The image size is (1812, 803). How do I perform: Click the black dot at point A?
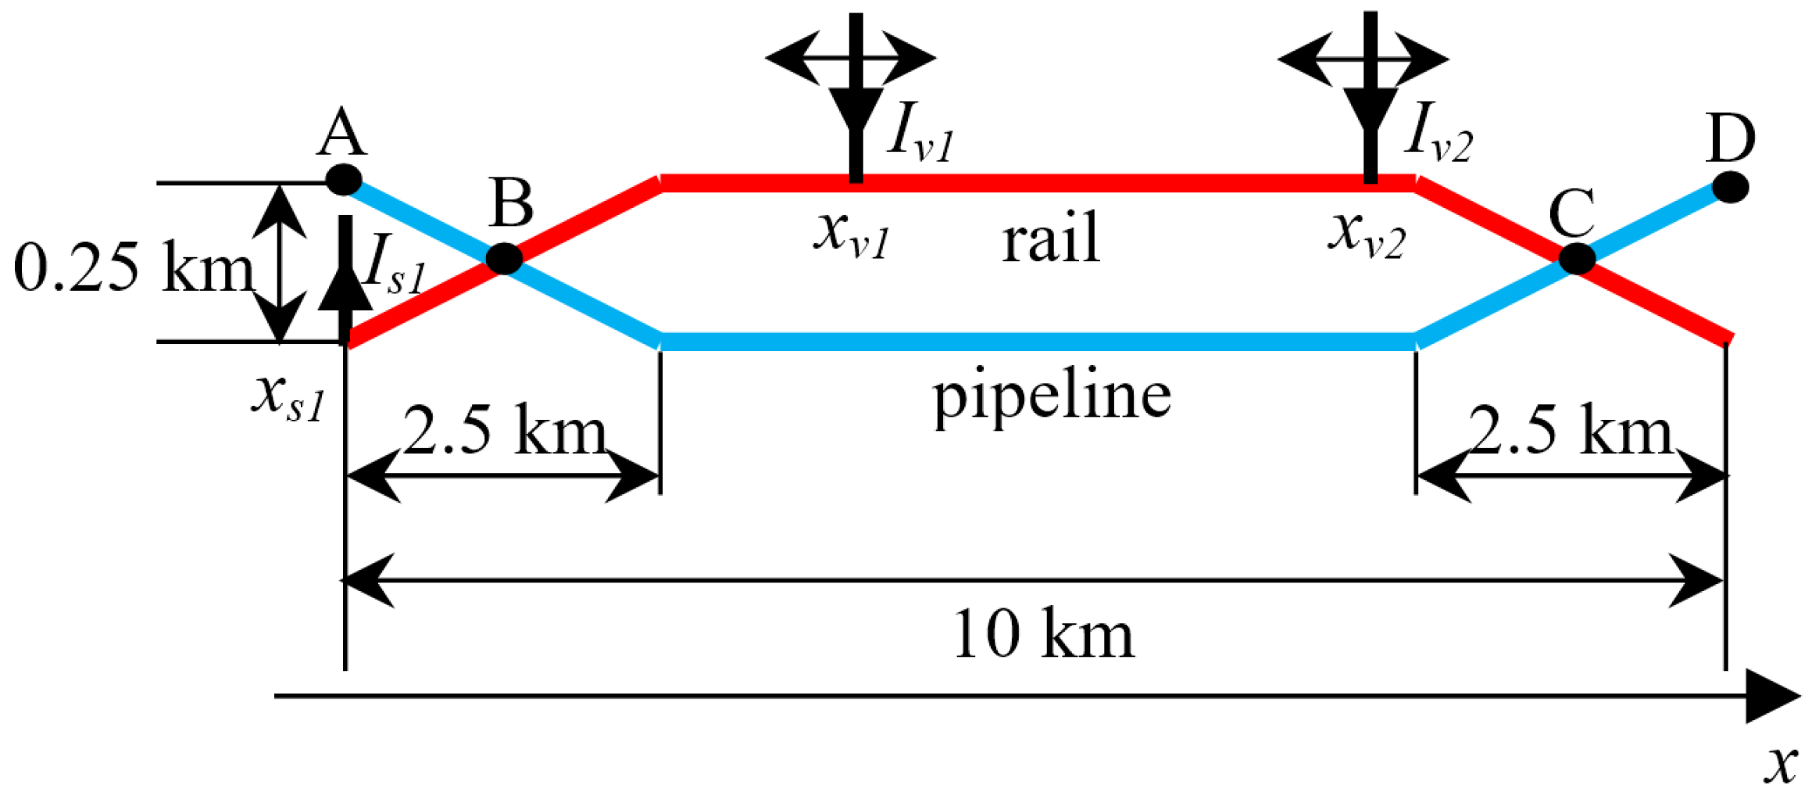click(x=343, y=180)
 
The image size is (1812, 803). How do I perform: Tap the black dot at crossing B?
click(x=505, y=259)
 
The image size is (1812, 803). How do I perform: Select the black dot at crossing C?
click(x=1577, y=259)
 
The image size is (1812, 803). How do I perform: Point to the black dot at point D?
click(x=1730, y=188)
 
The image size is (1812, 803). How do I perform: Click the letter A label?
click(x=341, y=133)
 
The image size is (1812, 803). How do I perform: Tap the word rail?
click(x=1051, y=238)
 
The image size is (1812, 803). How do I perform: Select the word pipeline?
click(x=1053, y=395)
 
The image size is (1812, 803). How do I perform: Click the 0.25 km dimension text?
click(x=133, y=268)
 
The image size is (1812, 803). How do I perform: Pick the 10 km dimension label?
click(x=1043, y=634)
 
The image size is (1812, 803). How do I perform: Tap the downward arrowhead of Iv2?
click(x=1371, y=109)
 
